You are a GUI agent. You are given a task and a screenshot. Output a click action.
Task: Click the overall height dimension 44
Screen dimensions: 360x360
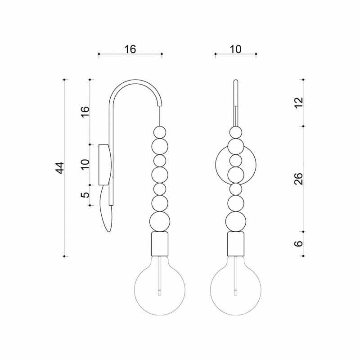[60, 168]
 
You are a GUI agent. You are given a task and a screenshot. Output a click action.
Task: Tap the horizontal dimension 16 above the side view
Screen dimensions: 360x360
[130, 49]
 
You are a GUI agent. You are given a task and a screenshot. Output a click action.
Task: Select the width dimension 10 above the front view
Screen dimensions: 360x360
[235, 49]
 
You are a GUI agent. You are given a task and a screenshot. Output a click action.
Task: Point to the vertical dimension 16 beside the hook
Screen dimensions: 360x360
[85, 112]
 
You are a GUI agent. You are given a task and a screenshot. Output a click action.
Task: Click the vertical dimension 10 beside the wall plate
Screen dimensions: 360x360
[85, 164]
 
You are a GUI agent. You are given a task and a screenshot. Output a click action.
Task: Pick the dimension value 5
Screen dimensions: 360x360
[85, 195]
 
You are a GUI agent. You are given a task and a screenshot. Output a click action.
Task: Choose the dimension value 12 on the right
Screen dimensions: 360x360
[299, 103]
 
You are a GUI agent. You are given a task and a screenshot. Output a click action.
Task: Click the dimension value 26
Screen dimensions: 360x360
[299, 179]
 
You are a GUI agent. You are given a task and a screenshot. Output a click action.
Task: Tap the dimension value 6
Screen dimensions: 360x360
[299, 243]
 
